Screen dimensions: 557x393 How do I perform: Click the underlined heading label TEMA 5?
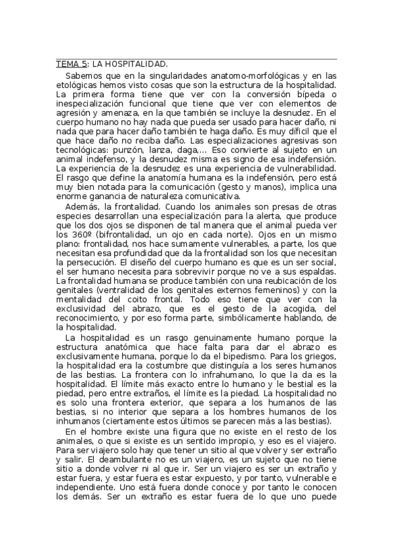[x=71, y=64]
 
